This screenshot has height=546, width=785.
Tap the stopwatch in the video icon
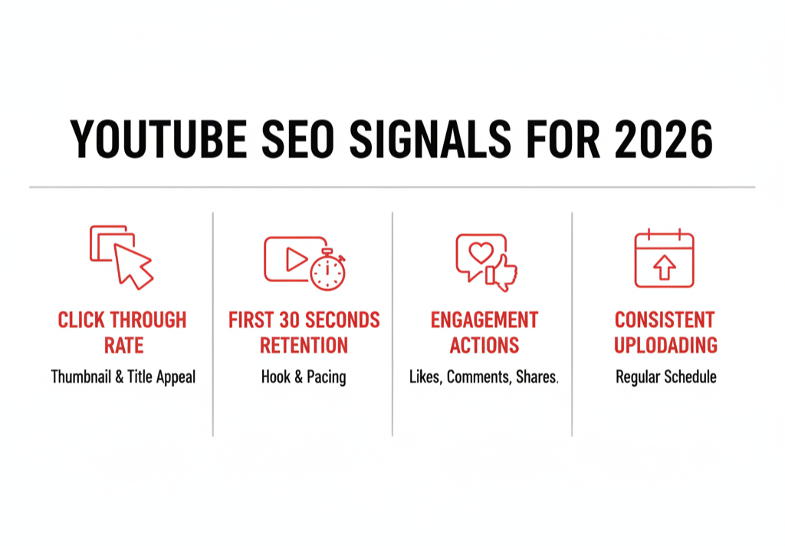327,270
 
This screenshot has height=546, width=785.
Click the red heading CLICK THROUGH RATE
123,332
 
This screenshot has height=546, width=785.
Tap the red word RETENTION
304,345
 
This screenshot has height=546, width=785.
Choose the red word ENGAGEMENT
484,320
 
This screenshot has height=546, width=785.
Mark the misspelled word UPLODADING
665,345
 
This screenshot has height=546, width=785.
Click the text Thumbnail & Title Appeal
123,377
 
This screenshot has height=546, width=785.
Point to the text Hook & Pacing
304,377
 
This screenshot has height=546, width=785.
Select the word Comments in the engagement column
479,377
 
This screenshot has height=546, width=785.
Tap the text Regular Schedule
665,377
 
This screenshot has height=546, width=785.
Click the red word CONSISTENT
665,320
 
